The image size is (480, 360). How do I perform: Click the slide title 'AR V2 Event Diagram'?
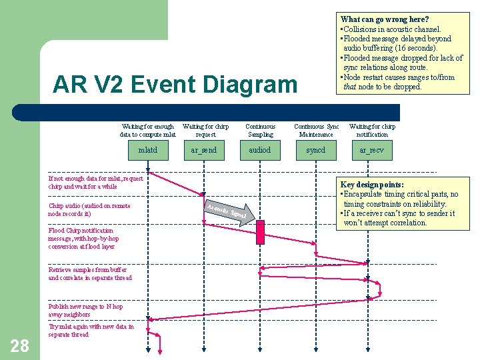click(175, 85)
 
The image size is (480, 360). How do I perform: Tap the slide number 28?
click(20, 345)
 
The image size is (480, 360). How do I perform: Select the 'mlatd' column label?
click(147, 150)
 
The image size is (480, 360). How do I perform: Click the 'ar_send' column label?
click(203, 150)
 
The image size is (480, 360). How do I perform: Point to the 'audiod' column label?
click(259, 150)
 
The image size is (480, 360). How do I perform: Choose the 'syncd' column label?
click(315, 150)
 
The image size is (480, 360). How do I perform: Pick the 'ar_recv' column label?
click(371, 150)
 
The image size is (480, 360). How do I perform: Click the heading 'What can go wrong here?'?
click(385, 19)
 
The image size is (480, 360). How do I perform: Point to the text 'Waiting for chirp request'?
click(205, 130)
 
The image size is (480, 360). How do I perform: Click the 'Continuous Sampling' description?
click(260, 130)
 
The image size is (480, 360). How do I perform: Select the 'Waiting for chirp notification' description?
click(372, 130)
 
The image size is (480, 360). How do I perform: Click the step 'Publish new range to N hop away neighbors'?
click(85, 310)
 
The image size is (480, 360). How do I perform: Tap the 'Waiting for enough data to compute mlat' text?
click(147, 130)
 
